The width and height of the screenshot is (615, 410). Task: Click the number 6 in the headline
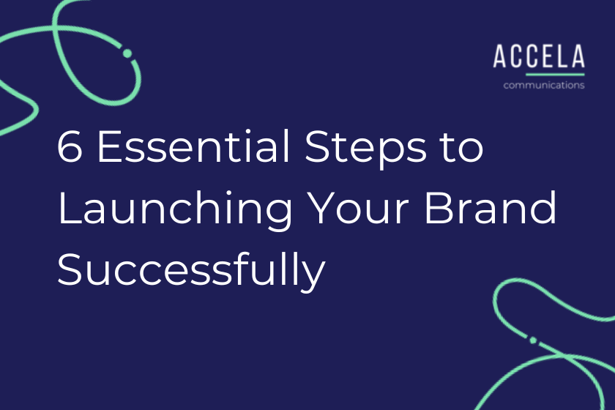(x=71, y=149)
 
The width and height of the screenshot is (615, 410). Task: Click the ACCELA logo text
(x=539, y=57)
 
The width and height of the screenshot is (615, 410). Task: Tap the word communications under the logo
(x=543, y=85)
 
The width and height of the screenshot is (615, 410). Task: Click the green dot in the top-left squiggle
(x=127, y=53)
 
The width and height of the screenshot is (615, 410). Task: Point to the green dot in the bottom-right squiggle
(x=533, y=340)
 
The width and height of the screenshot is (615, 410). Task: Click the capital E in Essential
(x=106, y=149)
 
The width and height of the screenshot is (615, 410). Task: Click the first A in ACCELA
(x=499, y=57)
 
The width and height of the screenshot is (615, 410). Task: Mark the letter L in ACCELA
(x=562, y=57)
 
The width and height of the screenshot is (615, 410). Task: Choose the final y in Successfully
(x=314, y=276)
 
